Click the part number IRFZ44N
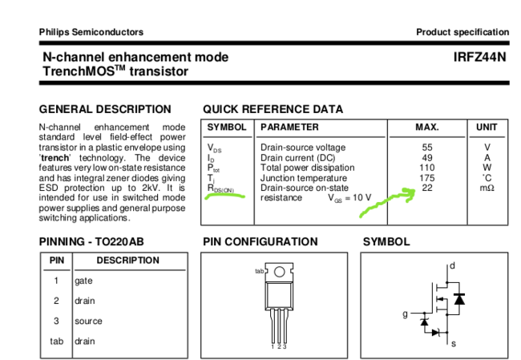(479, 58)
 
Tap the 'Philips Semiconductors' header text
(91, 32)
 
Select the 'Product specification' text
(462, 32)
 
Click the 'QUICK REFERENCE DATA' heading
(273, 109)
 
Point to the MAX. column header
(426, 127)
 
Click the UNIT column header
(487, 127)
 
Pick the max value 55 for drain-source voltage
(427, 148)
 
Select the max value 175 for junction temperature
(427, 178)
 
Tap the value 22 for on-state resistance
(427, 188)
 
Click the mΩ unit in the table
(487, 188)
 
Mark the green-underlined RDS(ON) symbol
(220, 189)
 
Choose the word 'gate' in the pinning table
(83, 281)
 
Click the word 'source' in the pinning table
(88, 321)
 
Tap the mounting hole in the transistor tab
(279, 272)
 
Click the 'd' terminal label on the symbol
(453, 265)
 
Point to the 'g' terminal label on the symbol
(405, 313)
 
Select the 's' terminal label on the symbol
(453, 343)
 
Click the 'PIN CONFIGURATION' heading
(260, 241)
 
